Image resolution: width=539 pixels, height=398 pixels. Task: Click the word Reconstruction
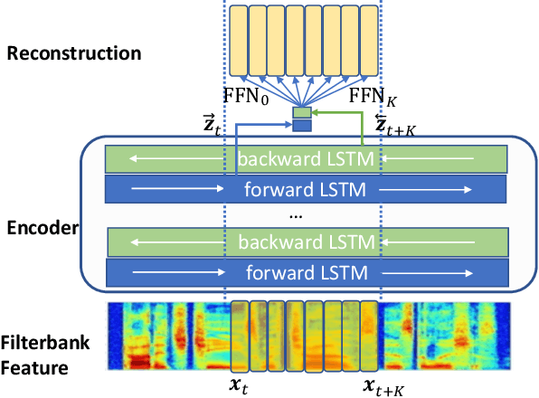tap(74, 53)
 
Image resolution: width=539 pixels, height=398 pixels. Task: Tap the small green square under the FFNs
tap(301, 113)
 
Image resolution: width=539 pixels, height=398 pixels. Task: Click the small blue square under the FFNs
tap(301, 126)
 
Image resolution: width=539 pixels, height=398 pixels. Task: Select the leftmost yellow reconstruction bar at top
tap(238, 42)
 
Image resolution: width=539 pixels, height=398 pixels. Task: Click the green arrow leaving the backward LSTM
tap(362, 127)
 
